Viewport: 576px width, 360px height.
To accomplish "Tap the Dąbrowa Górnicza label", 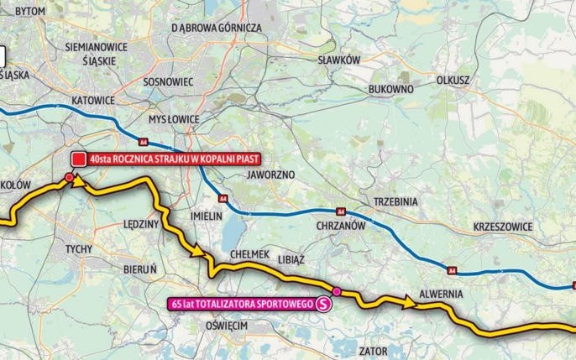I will tap(217, 27).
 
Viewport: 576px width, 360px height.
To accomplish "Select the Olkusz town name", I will tap(453, 80).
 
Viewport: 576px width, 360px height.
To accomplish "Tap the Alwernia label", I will tap(432, 295).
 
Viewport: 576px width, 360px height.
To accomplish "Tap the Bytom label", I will tap(30, 9).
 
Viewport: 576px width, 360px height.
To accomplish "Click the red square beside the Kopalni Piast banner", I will tap(78, 158).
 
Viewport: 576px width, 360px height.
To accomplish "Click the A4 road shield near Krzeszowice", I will tap(452, 270).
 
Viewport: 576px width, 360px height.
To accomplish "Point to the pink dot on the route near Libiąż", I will tap(337, 291).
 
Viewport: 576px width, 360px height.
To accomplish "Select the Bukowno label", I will tap(390, 88).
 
